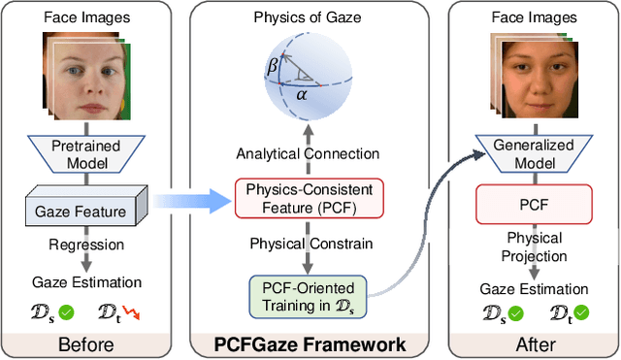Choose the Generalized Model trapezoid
point(533,156)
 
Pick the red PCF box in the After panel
point(532,205)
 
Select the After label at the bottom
point(533,344)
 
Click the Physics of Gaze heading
point(305,16)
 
